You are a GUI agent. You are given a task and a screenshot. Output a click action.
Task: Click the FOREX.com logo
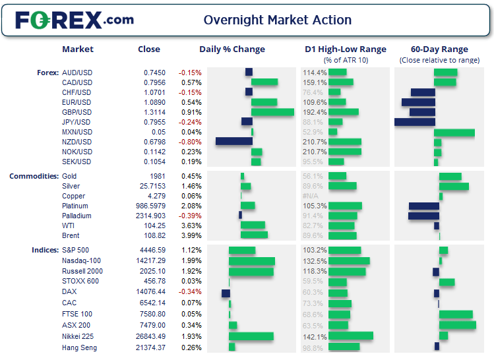pos(74,20)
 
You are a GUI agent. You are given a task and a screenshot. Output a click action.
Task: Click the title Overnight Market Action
pos(277,20)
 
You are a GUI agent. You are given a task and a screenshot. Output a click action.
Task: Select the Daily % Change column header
pos(232,49)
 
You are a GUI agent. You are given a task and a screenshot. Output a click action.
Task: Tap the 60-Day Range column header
pos(439,49)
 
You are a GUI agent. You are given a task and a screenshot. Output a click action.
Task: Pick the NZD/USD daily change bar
pos(234,142)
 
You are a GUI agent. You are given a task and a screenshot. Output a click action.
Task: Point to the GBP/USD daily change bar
pos(272,112)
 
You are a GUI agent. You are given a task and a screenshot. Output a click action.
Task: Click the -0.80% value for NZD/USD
pos(190,142)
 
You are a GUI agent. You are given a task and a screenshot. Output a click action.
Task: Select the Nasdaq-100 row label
pos(82,260)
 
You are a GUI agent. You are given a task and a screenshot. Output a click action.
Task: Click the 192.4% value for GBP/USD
pos(314,112)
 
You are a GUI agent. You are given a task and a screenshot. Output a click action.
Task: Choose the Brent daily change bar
pos(254,235)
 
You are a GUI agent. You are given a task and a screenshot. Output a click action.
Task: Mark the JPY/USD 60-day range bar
pos(415,122)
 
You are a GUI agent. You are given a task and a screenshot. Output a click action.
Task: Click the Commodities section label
pos(33,176)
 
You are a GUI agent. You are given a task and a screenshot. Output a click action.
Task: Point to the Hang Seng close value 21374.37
pos(150,347)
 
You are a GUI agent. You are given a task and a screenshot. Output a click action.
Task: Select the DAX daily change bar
pos(226,293)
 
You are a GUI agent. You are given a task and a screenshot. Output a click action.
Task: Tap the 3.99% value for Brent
pos(191,235)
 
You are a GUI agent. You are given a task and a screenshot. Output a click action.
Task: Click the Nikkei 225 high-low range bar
pos(350,336)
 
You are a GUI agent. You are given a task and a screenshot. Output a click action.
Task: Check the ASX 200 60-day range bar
pos(457,325)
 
